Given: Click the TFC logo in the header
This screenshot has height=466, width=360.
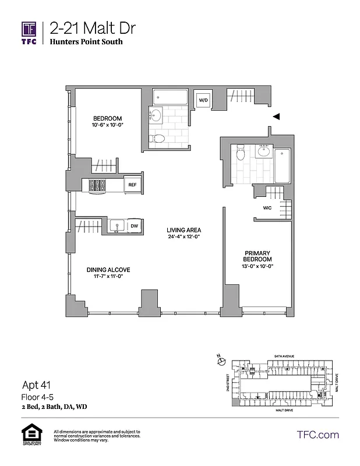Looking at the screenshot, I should [x=29, y=33].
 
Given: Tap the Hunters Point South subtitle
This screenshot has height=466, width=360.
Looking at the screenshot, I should [x=86, y=42].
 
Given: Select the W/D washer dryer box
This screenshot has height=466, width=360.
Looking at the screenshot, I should [x=203, y=100].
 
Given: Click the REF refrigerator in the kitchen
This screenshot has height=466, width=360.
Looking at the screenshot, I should [x=132, y=185].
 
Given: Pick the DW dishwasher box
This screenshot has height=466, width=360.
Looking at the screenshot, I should [x=133, y=226].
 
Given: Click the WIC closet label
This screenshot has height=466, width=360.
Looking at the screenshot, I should [x=267, y=207].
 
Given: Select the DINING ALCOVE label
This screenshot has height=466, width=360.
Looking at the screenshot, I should [x=108, y=270].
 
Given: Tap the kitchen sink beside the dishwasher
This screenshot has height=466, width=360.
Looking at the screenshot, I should [x=115, y=225].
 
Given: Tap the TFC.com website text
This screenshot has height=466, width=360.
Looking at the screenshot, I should [x=317, y=435].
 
